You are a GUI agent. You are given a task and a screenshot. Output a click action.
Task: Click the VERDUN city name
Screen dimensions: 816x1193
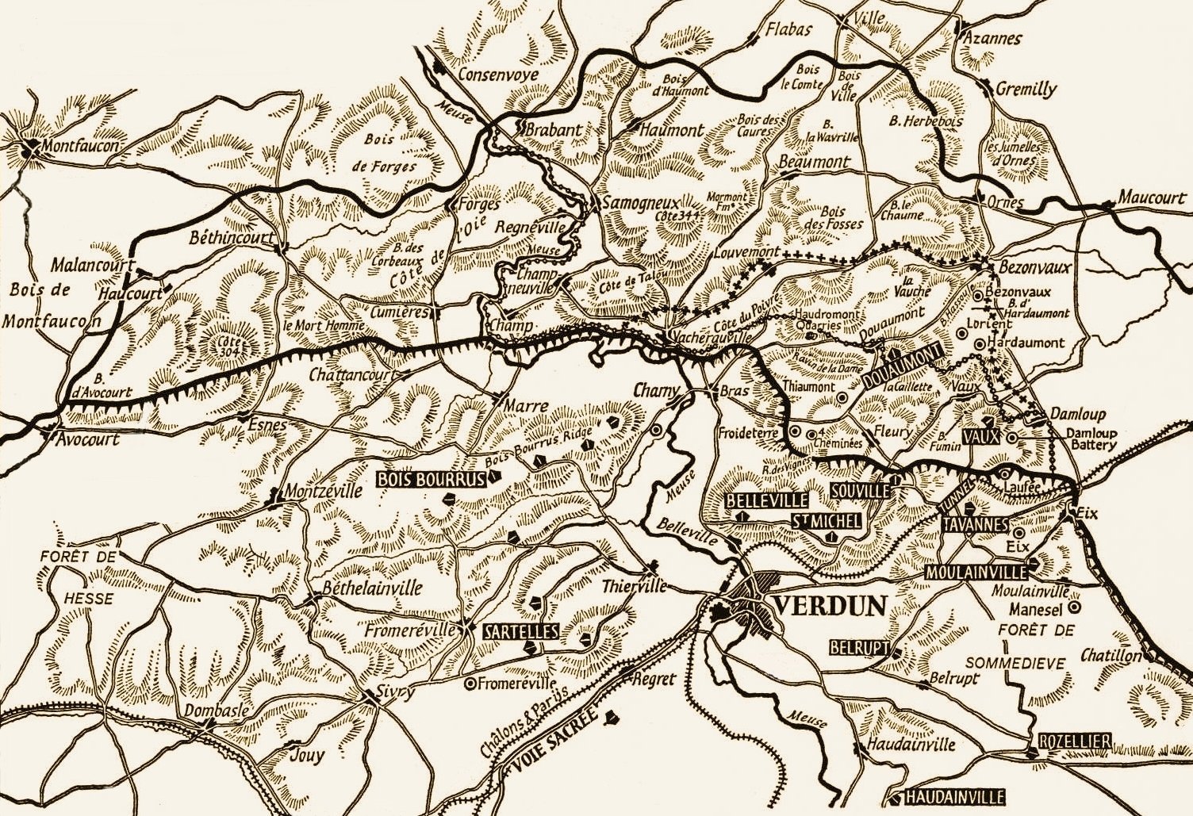pyautogui.click(x=829, y=607)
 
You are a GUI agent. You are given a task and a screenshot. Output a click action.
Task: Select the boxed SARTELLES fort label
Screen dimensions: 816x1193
pyautogui.click(x=520, y=632)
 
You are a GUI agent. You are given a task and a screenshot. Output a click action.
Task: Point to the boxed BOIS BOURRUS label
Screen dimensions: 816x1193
pyautogui.click(x=432, y=480)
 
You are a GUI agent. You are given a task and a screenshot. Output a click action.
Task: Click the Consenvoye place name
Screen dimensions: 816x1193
pyautogui.click(x=498, y=75)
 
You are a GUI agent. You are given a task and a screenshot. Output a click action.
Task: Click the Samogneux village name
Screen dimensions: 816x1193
pyautogui.click(x=641, y=203)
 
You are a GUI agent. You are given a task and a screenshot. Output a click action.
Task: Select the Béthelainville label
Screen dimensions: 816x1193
pyautogui.click(x=372, y=589)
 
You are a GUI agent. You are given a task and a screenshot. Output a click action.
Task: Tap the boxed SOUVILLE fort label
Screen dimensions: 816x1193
pyautogui.click(x=861, y=491)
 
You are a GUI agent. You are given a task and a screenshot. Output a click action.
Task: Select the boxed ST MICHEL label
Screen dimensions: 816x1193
pyautogui.click(x=826, y=521)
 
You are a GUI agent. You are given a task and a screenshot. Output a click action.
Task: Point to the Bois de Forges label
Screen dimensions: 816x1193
pyautogui.click(x=382, y=152)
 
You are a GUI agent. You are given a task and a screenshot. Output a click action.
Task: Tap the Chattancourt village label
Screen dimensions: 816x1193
pyautogui.click(x=353, y=374)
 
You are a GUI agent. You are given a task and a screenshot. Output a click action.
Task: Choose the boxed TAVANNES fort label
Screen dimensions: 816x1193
pyautogui.click(x=975, y=524)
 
